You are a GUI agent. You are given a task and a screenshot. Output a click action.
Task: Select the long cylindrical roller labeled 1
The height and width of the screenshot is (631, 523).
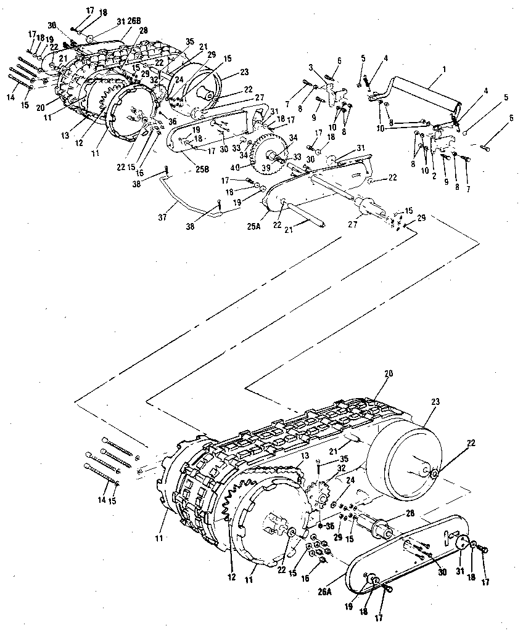(x=426, y=92)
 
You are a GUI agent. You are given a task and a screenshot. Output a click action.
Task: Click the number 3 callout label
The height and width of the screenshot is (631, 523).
(x=311, y=66)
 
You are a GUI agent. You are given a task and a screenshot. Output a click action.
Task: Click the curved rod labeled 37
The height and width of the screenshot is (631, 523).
(x=185, y=196)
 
